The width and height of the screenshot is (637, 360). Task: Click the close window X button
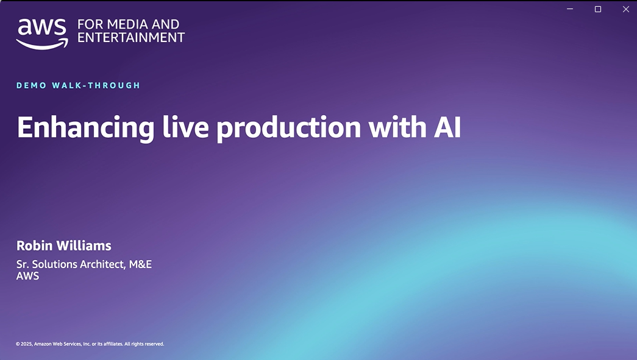625,9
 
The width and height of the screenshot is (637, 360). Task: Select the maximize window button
598,9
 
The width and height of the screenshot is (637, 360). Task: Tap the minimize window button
570,9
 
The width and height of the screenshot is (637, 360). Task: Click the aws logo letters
42,27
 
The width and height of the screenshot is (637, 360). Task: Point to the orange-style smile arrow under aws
42,44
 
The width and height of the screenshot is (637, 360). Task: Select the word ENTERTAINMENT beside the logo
131,37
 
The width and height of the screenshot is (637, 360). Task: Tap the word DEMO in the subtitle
31,85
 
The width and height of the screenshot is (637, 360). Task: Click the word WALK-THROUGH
96,85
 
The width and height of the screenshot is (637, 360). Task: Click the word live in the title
186,127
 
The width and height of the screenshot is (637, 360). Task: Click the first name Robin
35,245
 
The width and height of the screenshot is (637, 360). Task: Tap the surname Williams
84,245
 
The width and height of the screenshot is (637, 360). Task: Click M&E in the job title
140,264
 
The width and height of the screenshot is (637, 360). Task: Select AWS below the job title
27,276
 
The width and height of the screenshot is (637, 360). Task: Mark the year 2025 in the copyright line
26,344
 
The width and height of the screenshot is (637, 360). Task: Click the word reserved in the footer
154,344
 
